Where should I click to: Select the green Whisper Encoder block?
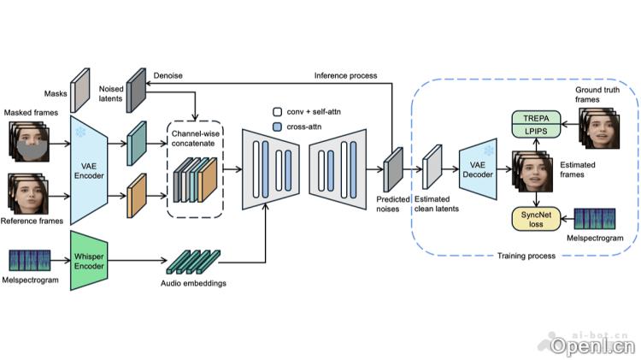coord(90,256)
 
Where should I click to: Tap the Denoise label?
coord(168,75)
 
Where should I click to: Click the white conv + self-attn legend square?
coord(276,112)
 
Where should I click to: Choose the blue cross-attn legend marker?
coord(276,127)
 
